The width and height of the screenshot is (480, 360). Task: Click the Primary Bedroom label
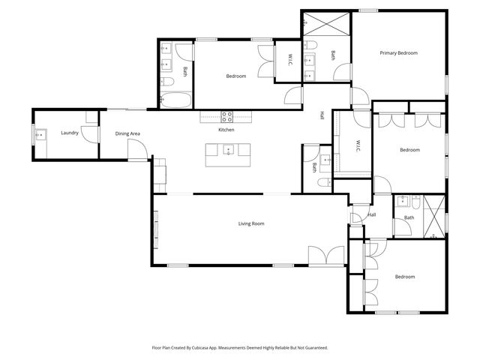(397, 53)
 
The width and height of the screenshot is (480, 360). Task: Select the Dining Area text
(127, 134)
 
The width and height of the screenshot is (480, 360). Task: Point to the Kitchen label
(226, 130)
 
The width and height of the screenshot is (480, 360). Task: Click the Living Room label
(251, 223)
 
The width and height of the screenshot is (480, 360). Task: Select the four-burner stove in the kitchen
(226, 116)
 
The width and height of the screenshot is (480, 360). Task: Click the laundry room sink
(40, 135)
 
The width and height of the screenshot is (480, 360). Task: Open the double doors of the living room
(327, 256)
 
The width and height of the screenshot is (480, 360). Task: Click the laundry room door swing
(91, 134)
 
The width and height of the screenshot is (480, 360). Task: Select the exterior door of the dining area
(136, 152)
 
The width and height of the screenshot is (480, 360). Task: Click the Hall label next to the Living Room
(371, 215)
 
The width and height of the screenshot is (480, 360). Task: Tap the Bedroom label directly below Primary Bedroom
(409, 150)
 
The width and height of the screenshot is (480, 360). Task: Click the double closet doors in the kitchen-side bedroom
(265, 61)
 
